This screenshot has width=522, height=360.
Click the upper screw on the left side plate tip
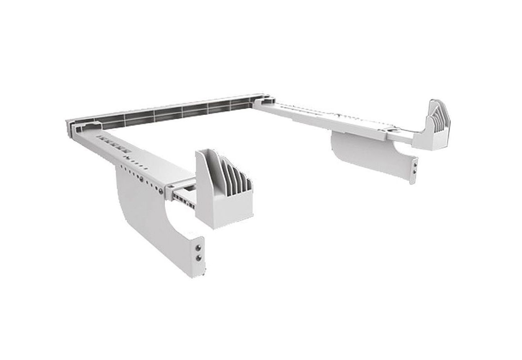click(x=197, y=247)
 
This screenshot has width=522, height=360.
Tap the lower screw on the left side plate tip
click(x=197, y=257)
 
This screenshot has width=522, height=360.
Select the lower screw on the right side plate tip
click(x=414, y=171)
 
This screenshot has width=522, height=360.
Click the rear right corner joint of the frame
click(x=261, y=101)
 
